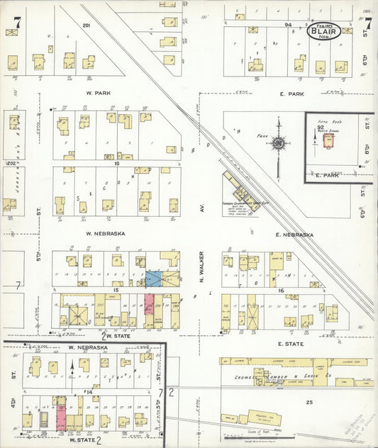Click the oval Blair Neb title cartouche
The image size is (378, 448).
pos(323,30)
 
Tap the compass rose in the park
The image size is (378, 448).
pos(279,143)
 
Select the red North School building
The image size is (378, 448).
pos(328,141)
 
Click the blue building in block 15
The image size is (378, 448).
pos(152,279)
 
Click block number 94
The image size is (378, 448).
pos(288,24)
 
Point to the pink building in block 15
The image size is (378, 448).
pos(150,304)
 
